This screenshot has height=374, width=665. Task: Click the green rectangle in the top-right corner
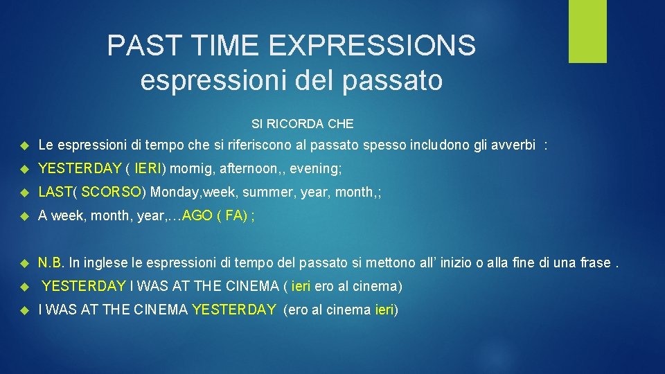(x=587, y=30)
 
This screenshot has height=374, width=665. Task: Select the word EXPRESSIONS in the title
(x=372, y=46)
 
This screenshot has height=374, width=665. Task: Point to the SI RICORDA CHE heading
(x=302, y=124)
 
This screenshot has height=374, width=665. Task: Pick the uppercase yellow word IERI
(x=148, y=168)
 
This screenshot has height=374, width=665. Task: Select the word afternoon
(x=248, y=168)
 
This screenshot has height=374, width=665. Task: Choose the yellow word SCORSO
(x=116, y=192)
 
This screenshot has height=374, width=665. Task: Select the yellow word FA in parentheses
(x=233, y=215)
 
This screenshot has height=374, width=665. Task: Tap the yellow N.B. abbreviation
(x=51, y=262)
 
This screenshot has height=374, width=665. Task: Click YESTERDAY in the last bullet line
(x=233, y=310)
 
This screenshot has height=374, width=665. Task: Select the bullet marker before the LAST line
(x=23, y=193)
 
